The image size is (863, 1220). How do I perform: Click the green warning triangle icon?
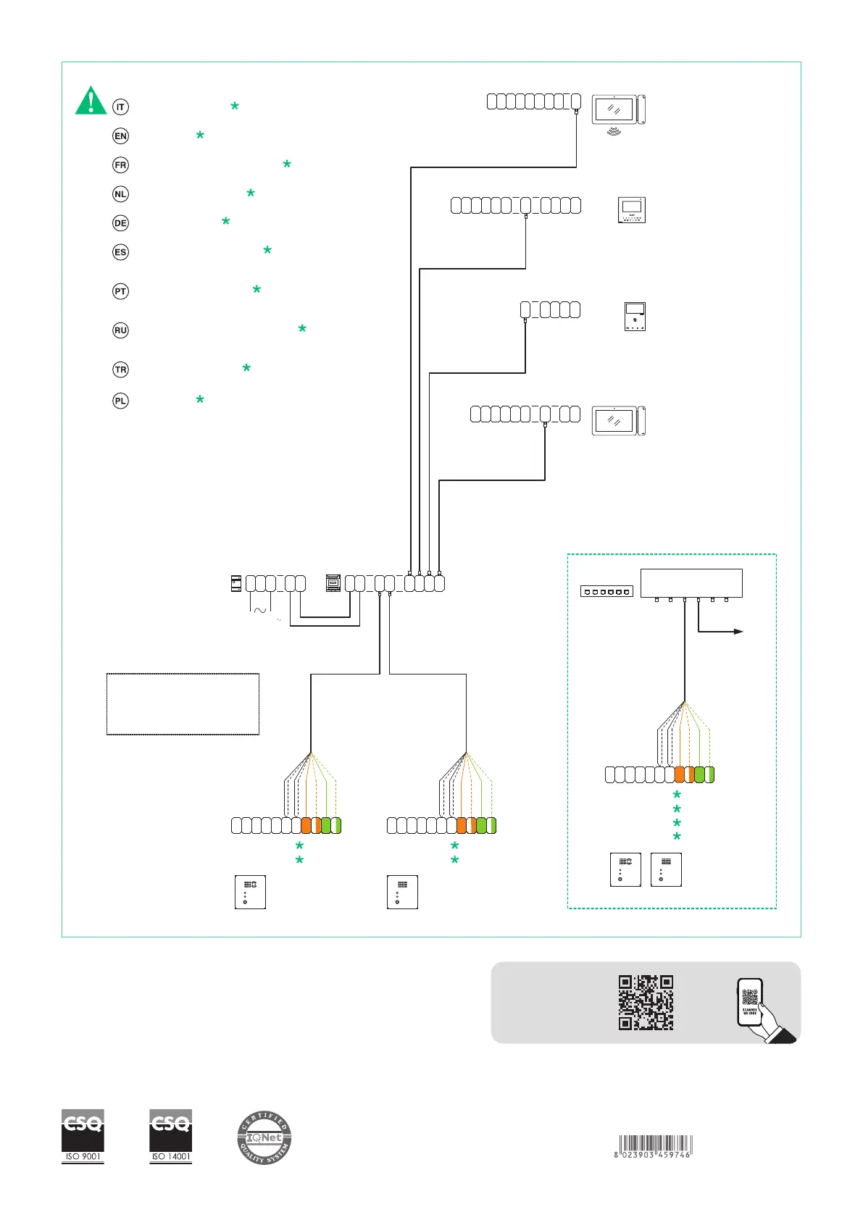pos(91,101)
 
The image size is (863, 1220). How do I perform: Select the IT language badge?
pos(120,107)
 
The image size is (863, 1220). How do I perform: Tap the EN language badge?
pos(120,136)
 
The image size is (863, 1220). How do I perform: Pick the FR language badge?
pos(120,165)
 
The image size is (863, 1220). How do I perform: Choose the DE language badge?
pos(120,223)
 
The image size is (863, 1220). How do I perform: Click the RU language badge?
pos(120,330)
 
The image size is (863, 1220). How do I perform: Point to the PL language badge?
pos(120,401)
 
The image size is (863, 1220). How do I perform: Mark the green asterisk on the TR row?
pos(246,368)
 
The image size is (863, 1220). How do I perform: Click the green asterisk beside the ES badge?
pos(267,251)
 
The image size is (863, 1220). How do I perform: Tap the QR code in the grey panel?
pos(646,1003)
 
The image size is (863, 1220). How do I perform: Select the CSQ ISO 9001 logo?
pos(83,1136)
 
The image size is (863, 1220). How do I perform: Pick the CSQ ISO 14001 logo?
pos(171,1136)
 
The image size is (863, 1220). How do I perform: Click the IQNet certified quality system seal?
pos(264,1138)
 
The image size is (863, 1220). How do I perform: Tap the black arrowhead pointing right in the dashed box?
pos(738,632)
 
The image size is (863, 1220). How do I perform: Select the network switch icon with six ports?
pos(606,592)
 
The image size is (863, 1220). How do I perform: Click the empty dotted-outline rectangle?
pos(183,704)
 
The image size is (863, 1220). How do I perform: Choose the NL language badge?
pos(120,194)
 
